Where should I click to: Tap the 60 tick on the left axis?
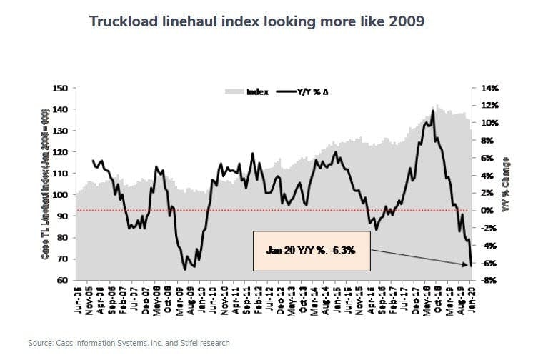pos(61,280)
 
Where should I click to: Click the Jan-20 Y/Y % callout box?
pos(312,251)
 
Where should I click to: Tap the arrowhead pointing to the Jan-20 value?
pos(468,264)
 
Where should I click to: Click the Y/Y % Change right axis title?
pos(504,184)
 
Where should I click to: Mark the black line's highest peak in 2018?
pos(434,111)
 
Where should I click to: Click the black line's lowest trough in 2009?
pos(184,269)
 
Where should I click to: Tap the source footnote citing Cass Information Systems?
pos(129,344)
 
